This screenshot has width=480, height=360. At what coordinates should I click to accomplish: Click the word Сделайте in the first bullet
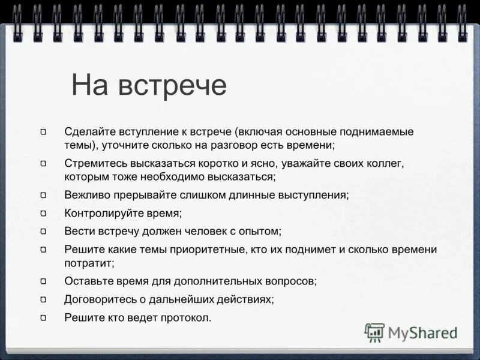point(88,131)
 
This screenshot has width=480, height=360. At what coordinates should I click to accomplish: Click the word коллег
point(388,163)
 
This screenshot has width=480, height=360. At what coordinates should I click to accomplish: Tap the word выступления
point(311,195)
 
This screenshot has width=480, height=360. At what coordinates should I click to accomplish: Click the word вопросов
point(290,281)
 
